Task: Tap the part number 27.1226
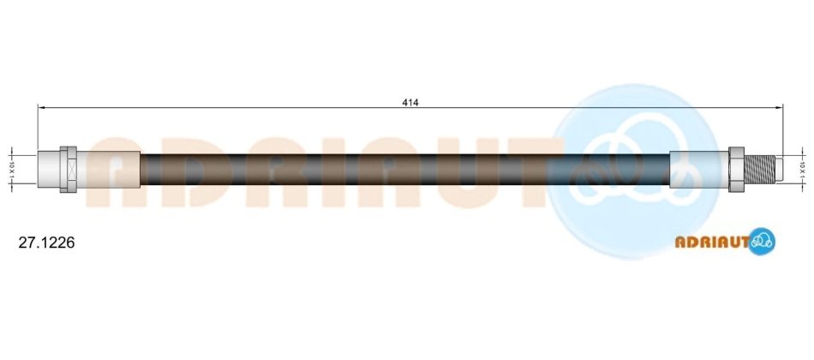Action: click(47, 243)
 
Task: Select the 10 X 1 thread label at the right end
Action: click(802, 170)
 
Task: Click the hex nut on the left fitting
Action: click(68, 170)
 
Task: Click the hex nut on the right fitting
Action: click(736, 170)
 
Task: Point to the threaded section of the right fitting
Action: click(759, 170)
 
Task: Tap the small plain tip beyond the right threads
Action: click(779, 170)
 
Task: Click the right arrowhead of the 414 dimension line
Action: click(779, 107)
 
